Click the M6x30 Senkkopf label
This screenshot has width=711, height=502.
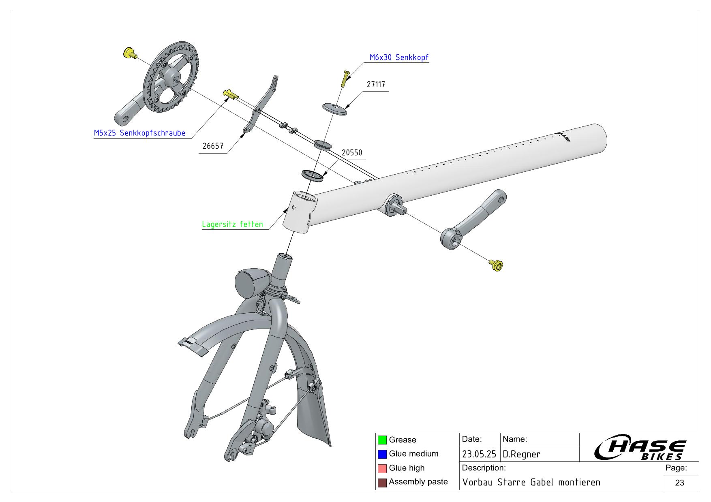(x=399, y=58)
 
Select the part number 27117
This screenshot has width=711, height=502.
(x=376, y=85)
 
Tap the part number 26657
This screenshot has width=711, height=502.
(x=213, y=146)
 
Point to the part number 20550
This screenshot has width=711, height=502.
(x=352, y=153)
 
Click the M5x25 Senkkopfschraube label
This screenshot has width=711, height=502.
(x=139, y=133)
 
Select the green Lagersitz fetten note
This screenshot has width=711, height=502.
(x=232, y=224)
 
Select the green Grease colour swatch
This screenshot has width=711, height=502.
(x=382, y=440)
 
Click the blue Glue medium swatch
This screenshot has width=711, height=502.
(x=382, y=454)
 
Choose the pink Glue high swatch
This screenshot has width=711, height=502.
(x=382, y=468)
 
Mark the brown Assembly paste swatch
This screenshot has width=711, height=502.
(x=382, y=482)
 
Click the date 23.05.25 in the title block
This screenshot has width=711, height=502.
(x=479, y=455)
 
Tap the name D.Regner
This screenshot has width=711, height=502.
(x=522, y=455)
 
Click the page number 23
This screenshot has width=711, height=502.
(x=680, y=483)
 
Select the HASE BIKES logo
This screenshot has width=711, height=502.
(x=640, y=448)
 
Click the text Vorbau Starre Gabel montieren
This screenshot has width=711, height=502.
(x=531, y=483)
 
